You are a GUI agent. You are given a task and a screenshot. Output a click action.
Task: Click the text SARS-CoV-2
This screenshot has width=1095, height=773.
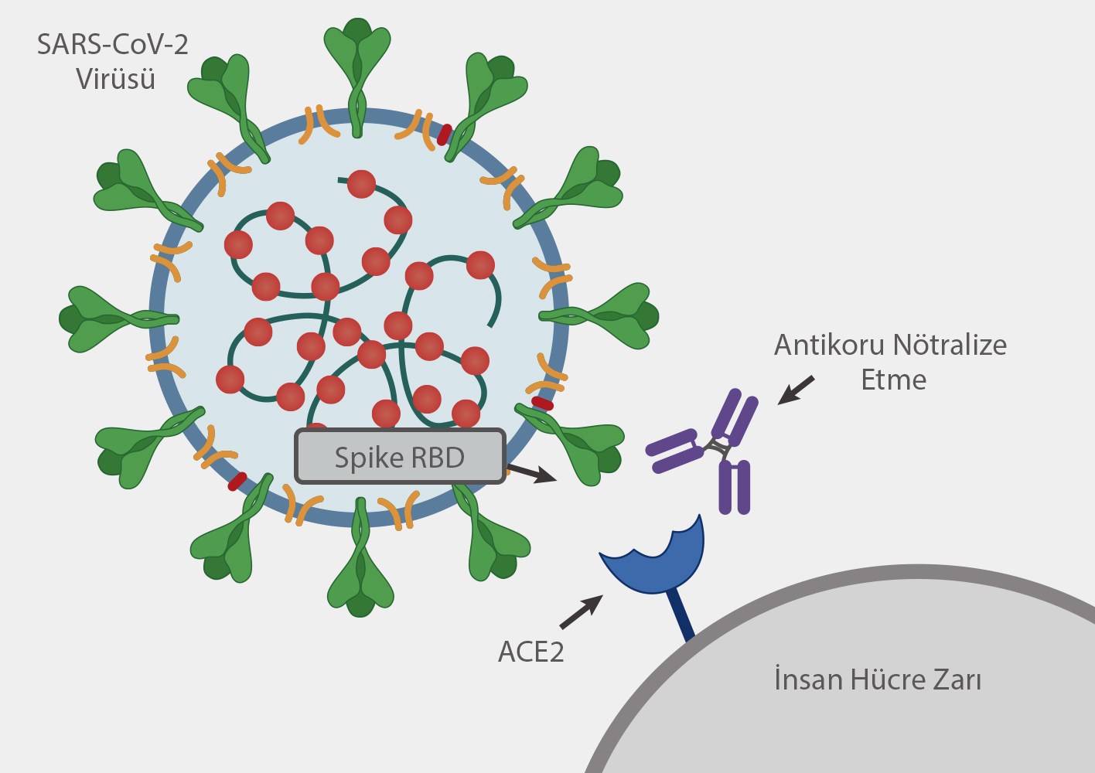pyautogui.click(x=113, y=45)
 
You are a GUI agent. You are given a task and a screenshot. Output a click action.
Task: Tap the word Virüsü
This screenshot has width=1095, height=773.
pyautogui.click(x=115, y=79)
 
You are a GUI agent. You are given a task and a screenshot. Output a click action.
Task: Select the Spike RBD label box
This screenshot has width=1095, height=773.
pyautogui.click(x=399, y=457)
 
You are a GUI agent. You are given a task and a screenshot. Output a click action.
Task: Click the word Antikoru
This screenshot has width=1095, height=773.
pyautogui.click(x=829, y=345)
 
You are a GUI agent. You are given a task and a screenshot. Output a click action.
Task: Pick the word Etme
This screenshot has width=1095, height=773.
pyautogui.click(x=893, y=380)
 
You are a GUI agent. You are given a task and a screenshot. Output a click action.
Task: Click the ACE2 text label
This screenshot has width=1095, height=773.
pyautogui.click(x=530, y=652)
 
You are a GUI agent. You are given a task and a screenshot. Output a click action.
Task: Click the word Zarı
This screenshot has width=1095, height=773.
pyautogui.click(x=957, y=679)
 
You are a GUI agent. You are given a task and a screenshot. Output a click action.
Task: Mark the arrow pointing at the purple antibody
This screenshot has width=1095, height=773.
pyautogui.click(x=796, y=390)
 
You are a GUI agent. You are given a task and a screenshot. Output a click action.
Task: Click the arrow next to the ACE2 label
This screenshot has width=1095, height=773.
pyautogui.click(x=581, y=611)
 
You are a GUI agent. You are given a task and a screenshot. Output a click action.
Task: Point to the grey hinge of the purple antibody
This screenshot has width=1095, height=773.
pyautogui.click(x=715, y=448)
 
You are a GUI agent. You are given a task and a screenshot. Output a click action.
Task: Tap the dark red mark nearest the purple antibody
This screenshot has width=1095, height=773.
pyautogui.click(x=542, y=404)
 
